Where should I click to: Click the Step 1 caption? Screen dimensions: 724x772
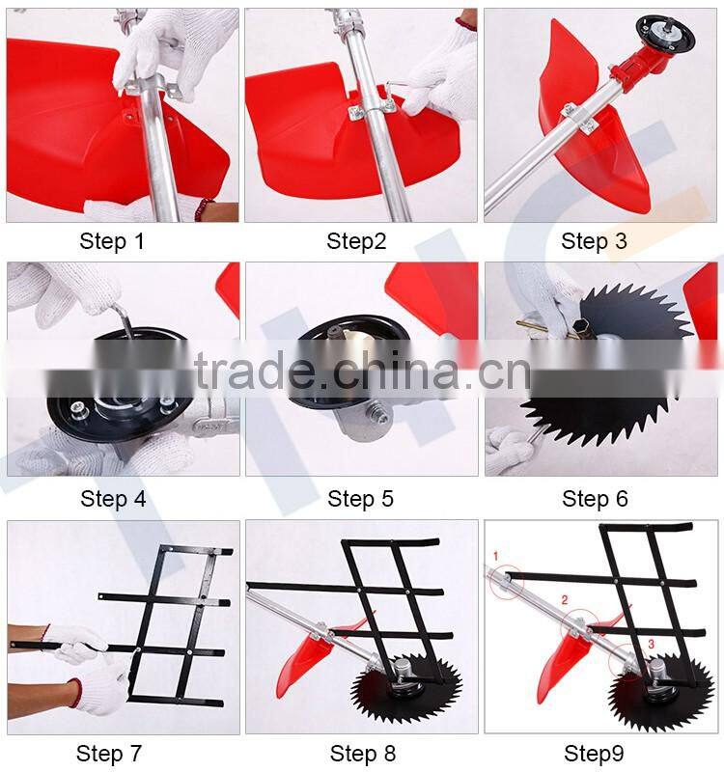tap(112, 241)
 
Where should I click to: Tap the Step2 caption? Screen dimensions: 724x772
tap(356, 241)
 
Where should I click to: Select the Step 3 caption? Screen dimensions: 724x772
tap(594, 241)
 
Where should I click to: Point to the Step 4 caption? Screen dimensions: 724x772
tap(113, 499)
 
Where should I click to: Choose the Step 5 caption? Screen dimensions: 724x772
tap(360, 499)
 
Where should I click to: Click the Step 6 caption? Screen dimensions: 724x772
tap(595, 499)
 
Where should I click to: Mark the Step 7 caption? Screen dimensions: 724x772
tap(109, 754)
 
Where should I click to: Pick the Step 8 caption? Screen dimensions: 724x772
tap(363, 754)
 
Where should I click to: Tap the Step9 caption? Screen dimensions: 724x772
tap(594, 754)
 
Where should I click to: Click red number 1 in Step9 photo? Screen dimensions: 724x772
tap(495, 557)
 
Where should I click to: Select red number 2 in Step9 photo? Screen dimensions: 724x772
tap(565, 600)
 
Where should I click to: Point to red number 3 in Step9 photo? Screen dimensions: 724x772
tap(651, 644)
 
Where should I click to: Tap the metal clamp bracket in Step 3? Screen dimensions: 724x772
tap(580, 118)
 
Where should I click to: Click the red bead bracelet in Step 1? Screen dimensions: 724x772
tap(203, 209)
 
